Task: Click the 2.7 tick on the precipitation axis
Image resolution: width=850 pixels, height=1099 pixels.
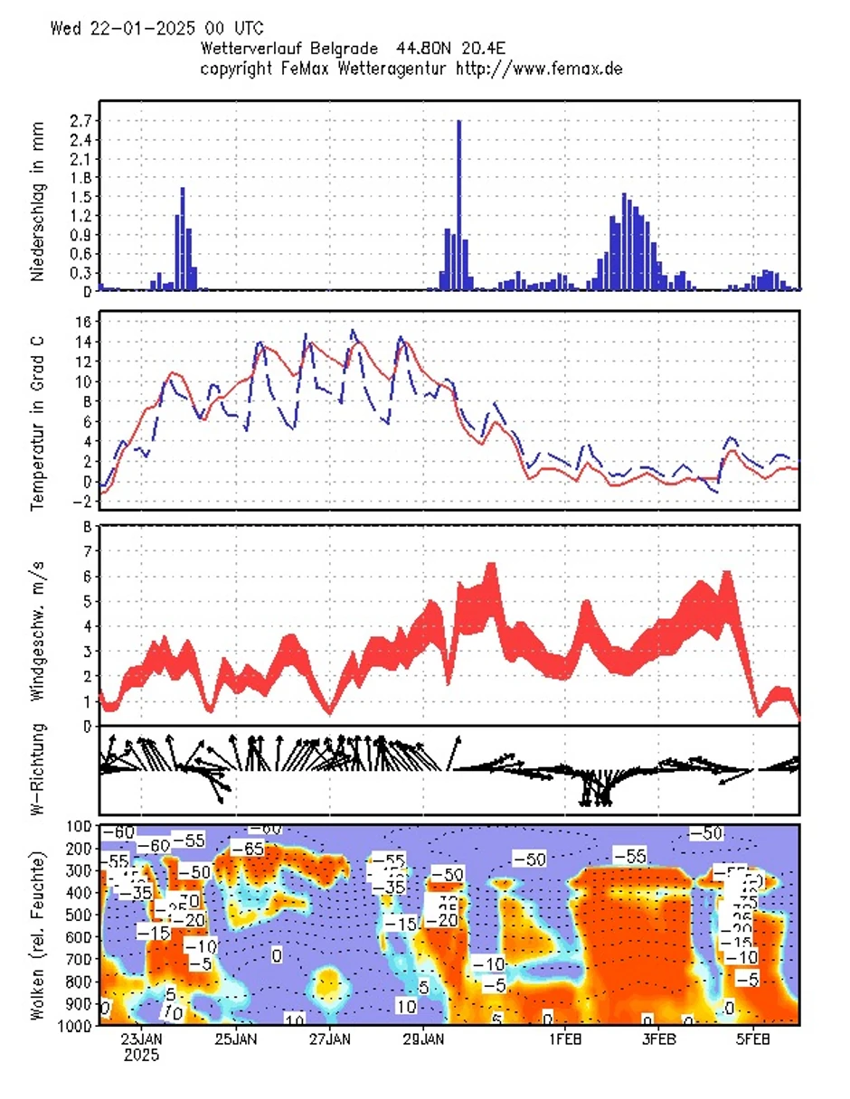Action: coord(80,120)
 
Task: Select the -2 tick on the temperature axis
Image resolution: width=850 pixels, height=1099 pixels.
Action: coord(80,502)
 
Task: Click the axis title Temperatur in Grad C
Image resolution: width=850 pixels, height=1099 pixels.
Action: coord(37,411)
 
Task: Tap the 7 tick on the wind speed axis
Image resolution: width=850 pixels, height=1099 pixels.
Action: coord(89,550)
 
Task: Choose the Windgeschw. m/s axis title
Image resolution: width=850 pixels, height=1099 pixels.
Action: coord(37,626)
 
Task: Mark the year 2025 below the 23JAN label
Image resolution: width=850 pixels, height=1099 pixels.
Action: coord(142,1056)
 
